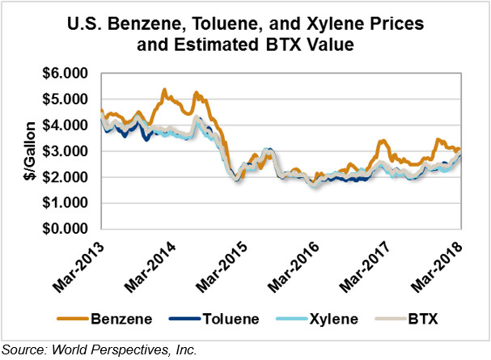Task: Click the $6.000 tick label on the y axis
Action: pos(68,74)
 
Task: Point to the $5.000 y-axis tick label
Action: pos(68,100)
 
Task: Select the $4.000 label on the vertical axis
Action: pos(68,125)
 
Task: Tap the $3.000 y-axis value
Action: pos(68,151)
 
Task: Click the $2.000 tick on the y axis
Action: pos(68,177)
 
